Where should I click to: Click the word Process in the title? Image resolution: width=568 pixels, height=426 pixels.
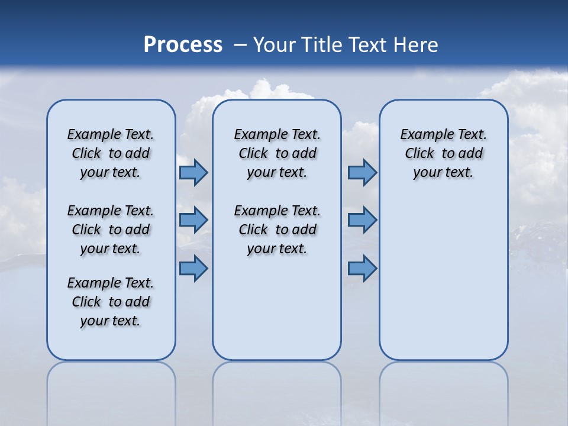(x=183, y=45)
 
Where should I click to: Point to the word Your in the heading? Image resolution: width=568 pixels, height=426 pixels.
(x=274, y=45)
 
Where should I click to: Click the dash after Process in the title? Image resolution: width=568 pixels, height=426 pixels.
(x=240, y=46)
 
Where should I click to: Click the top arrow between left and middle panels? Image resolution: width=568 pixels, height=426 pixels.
(x=193, y=173)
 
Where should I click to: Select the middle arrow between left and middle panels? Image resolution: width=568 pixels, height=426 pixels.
(x=193, y=220)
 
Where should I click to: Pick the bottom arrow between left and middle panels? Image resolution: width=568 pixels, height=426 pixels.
(x=193, y=269)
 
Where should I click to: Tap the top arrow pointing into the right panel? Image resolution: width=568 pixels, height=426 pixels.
(x=362, y=173)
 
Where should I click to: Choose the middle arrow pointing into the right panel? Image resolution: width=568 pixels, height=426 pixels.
(x=362, y=220)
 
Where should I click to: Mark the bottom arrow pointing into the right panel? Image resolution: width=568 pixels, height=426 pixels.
(x=362, y=269)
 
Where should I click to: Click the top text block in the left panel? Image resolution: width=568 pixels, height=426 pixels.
(x=111, y=153)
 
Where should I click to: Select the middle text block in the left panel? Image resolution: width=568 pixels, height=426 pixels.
(x=111, y=230)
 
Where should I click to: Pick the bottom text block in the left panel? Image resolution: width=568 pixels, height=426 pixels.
(x=111, y=302)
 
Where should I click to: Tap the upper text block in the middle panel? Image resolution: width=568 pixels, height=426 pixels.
(x=277, y=153)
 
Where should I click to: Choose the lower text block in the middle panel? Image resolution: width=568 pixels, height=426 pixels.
(x=277, y=230)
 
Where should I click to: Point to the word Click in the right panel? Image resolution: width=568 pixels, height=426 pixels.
(x=419, y=154)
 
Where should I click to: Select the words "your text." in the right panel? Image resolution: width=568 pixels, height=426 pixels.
(x=443, y=173)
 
